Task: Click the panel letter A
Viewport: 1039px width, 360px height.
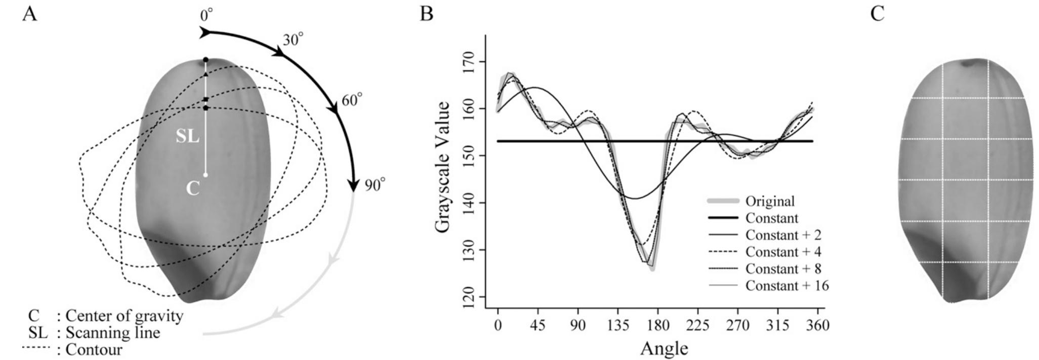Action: pyautogui.click(x=29, y=14)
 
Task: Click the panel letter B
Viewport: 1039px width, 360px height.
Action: pyautogui.click(x=426, y=14)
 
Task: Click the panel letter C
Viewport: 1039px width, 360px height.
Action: pyautogui.click(x=877, y=14)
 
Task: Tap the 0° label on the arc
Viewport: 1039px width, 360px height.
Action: pyautogui.click(x=206, y=16)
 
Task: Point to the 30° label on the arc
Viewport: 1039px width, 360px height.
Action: pyautogui.click(x=293, y=39)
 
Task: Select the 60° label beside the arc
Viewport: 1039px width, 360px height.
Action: pyautogui.click(x=352, y=100)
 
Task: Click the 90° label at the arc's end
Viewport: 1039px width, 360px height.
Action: pyautogui.click(x=375, y=185)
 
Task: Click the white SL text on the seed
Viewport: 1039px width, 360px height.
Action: pyautogui.click(x=187, y=136)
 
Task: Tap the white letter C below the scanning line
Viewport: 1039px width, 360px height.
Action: pyautogui.click(x=193, y=189)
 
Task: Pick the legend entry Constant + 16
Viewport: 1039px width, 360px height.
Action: pyautogui.click(x=786, y=286)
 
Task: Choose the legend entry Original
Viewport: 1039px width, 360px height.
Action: pyautogui.click(x=770, y=201)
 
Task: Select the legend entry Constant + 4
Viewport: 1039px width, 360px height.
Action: pyautogui.click(x=783, y=252)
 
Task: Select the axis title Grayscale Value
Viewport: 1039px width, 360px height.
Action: pyautogui.click(x=442, y=167)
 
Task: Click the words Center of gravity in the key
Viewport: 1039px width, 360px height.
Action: pyautogui.click(x=124, y=316)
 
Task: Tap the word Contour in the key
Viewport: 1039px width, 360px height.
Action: pyautogui.click(x=94, y=349)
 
